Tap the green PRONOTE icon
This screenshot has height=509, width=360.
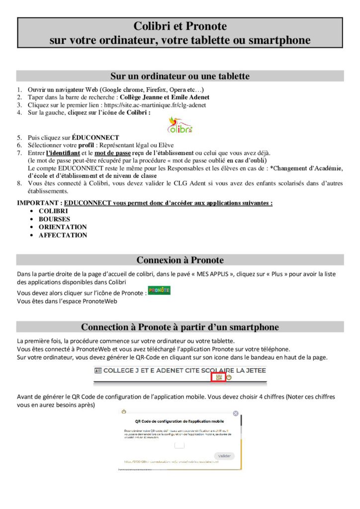coord(159,290)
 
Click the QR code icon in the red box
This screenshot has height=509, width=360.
coord(219,377)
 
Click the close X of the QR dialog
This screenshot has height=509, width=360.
coord(236,413)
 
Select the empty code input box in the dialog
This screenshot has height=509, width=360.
coord(180,445)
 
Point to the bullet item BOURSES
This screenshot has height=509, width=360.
coord(54,219)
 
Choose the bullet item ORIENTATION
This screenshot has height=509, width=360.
coord(63,227)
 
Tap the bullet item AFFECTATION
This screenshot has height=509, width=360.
coord(63,235)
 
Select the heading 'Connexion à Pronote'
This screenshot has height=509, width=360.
coord(180,260)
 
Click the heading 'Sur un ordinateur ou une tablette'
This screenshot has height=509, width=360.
coord(180,76)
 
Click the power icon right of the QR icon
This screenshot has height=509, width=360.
coord(229,377)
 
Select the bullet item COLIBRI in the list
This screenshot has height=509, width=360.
coord(53,211)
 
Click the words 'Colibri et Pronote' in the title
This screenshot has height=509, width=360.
coord(180,26)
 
